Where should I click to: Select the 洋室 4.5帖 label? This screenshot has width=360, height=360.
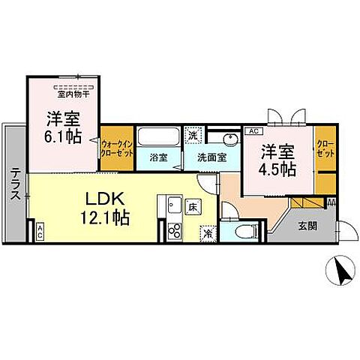[x=278, y=159]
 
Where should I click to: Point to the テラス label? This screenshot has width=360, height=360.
[x=14, y=182]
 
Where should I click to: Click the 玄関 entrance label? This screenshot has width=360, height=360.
[x=307, y=226]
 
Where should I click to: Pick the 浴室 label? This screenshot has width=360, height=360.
[x=157, y=158]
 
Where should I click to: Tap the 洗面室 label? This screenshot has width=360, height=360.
[x=211, y=158]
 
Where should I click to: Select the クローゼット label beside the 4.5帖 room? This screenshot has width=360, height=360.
[x=325, y=147]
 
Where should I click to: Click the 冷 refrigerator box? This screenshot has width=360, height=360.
[x=207, y=233]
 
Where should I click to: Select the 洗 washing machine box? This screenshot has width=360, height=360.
[x=193, y=136]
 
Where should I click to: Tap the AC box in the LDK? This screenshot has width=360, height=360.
[x=39, y=232]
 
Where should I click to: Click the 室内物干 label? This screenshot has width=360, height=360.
[x=73, y=94]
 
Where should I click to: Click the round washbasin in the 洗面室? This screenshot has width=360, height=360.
[x=230, y=140]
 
